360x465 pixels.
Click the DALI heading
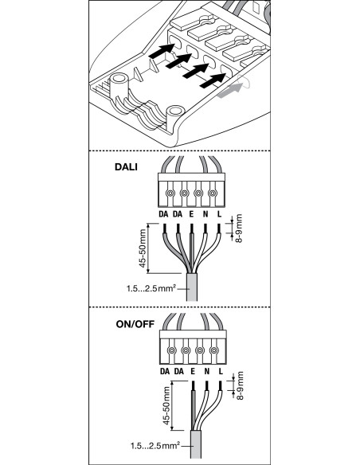pyautogui.click(x=126, y=167)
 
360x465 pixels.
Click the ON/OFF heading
pyautogui.click(x=135, y=324)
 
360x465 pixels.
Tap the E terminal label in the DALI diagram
pyautogui.click(x=191, y=214)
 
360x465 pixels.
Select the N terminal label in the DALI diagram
pyautogui.click(x=205, y=214)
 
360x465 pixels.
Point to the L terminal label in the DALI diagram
pyautogui.click(x=219, y=214)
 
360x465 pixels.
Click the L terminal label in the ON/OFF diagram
pyautogui.click(x=221, y=371)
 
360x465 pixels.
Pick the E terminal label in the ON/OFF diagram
pyautogui.click(x=193, y=371)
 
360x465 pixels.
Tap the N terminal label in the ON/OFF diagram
pyautogui.click(x=207, y=371)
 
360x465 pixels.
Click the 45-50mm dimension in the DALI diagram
pyautogui.click(x=143, y=248)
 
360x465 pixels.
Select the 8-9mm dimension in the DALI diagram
pyautogui.click(x=239, y=229)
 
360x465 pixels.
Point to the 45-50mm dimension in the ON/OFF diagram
pyautogui.click(x=166, y=405)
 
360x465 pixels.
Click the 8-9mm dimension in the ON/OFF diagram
pyautogui.click(x=240, y=385)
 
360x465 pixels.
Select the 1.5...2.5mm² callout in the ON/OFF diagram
pyautogui.click(x=155, y=445)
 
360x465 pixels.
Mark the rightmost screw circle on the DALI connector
pyautogui.click(x=213, y=193)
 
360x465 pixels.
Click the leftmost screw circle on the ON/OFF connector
pyautogui.click(x=171, y=350)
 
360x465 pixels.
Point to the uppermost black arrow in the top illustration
pyautogui.click(x=162, y=51)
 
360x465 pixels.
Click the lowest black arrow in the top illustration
pyautogui.click(x=213, y=80)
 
